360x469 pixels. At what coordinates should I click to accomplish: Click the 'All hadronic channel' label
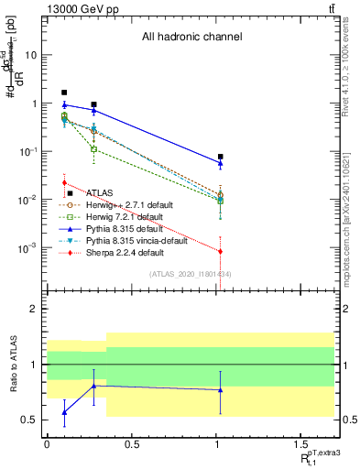(x=191, y=38)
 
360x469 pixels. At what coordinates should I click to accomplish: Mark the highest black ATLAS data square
(x=64, y=93)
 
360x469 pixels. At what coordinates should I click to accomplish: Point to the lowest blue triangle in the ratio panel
(x=64, y=412)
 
